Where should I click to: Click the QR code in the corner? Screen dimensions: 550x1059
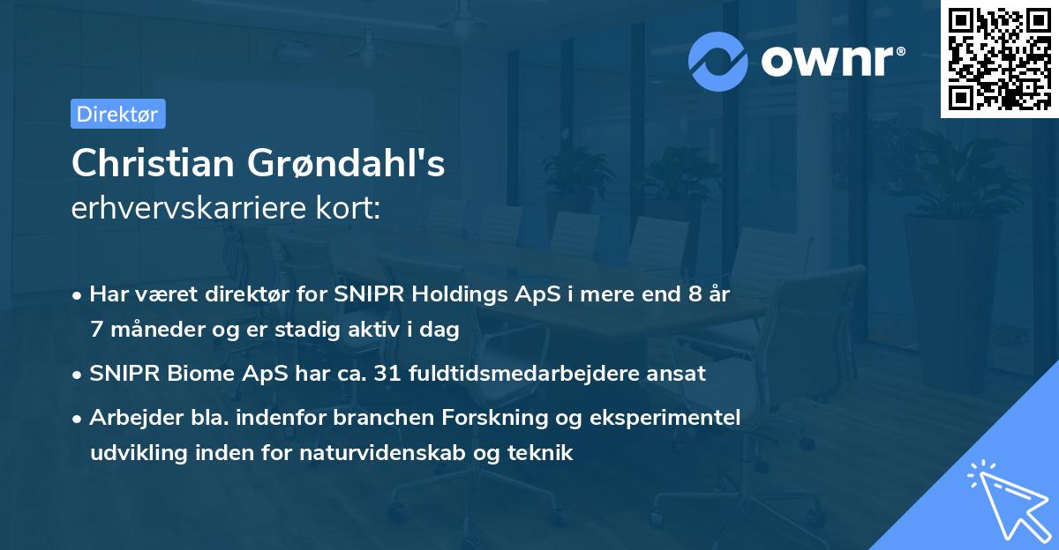click(999, 59)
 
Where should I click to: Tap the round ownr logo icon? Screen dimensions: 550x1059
click(718, 60)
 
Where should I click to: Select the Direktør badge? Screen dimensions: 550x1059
click(117, 114)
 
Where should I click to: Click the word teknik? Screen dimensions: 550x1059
click(541, 453)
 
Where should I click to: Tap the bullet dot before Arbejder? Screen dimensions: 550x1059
click(79, 418)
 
